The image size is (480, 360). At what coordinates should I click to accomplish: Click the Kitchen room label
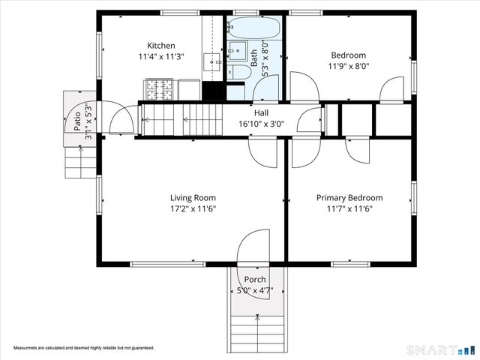pos(160,46)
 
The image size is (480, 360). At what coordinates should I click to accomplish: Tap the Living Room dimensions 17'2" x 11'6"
pos(192,209)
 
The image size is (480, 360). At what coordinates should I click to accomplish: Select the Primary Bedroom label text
pos(349,198)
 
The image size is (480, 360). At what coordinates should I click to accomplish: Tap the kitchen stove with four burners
pos(160,91)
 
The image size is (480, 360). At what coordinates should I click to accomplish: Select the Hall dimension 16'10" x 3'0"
pos(261,124)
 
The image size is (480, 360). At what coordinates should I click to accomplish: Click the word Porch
pos(254,280)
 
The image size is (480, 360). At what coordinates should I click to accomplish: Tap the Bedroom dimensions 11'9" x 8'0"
pos(349,66)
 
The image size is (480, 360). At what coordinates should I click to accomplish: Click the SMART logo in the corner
pos(440,350)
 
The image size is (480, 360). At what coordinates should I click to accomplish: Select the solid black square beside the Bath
pos(214,91)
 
